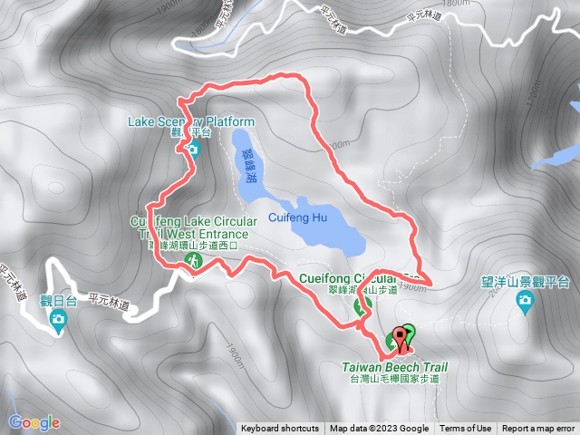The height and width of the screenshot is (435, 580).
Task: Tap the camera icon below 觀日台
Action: tap(58, 318)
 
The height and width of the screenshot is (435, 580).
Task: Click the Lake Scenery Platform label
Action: tap(192, 121)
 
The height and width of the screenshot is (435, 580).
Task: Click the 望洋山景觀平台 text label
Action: tap(525, 282)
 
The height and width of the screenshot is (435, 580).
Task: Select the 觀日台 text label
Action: tap(56, 301)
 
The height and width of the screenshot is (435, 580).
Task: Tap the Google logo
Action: tap(34, 422)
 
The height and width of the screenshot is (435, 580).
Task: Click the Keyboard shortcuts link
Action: tap(280, 429)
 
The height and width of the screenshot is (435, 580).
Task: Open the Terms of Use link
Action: tap(466, 429)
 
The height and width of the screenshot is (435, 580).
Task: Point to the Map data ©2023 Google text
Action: tap(379, 429)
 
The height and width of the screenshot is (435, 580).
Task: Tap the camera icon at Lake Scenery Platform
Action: tap(192, 148)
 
